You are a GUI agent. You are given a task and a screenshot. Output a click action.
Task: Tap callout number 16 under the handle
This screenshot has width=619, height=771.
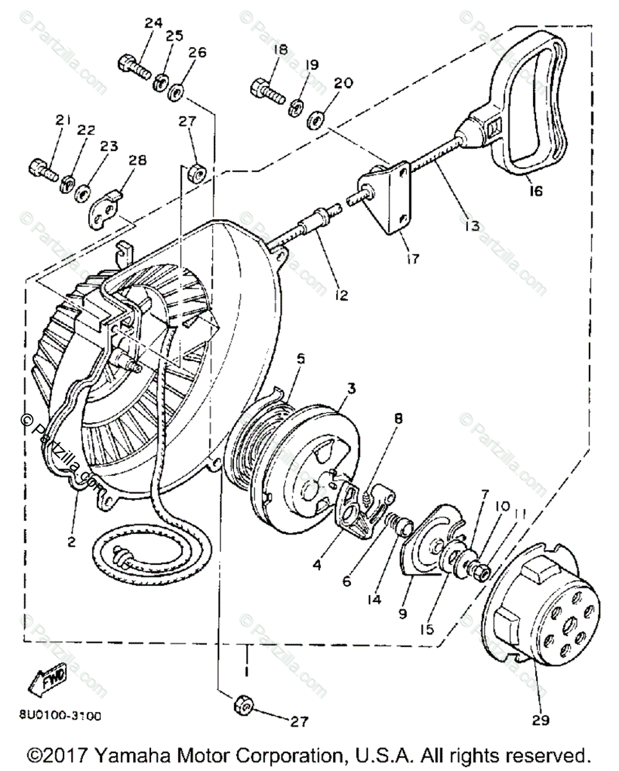tap(536, 191)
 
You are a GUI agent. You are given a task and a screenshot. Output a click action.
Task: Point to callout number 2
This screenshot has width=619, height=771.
tap(71, 541)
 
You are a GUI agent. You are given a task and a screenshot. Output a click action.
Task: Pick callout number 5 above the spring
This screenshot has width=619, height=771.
tap(300, 360)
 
